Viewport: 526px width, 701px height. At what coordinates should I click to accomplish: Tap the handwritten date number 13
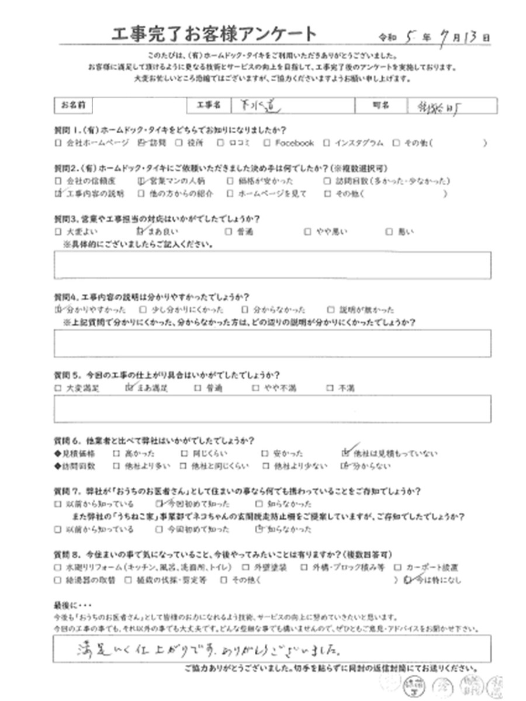pos(473,36)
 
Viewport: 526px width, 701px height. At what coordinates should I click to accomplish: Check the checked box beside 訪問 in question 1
pos(140,143)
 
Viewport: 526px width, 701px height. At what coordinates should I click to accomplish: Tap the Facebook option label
pos(294,143)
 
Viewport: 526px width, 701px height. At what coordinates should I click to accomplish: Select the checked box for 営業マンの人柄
pos(139,181)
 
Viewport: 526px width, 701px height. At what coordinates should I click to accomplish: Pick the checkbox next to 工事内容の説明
pos(57,193)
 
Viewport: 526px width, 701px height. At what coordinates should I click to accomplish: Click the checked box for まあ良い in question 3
pos(139,231)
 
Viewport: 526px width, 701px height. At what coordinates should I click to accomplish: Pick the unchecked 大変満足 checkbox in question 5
pos(57,387)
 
